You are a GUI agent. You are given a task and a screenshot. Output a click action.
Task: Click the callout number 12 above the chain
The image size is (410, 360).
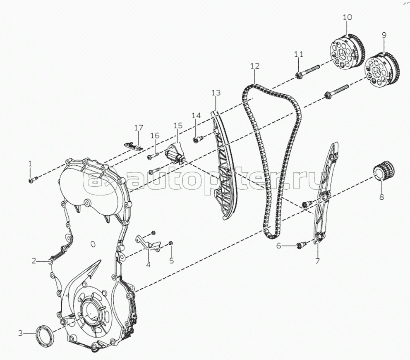[255, 66]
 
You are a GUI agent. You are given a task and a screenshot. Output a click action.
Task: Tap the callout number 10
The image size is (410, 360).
[347, 17]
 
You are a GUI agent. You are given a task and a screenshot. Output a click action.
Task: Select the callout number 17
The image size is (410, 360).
[139, 128]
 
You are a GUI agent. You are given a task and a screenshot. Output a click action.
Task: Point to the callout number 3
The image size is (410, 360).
[20, 333]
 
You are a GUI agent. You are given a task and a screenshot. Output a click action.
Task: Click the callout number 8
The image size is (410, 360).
[381, 197]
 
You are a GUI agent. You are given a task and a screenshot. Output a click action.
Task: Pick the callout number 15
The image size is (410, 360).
[178, 125]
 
